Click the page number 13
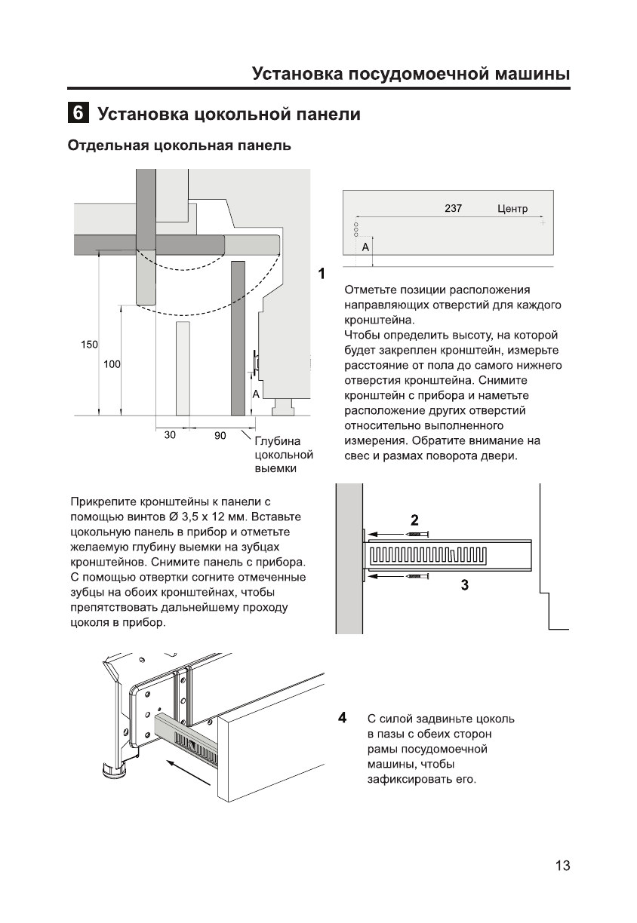562,866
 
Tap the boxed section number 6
77,115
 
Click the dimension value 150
89,345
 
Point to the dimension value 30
170,435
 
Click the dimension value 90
220,435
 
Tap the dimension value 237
453,209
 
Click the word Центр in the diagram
512,209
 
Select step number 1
322,273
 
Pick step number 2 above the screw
414,520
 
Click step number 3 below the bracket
465,584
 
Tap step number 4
343,716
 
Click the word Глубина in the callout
278,442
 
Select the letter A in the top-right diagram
365,247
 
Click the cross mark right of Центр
542,223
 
